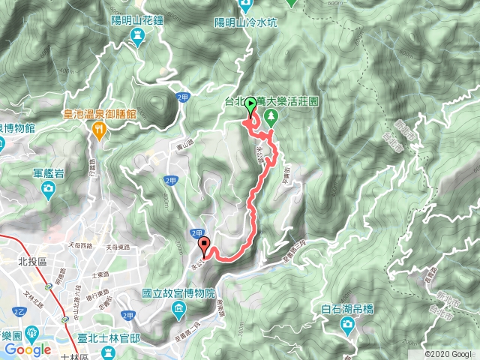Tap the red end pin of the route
203,244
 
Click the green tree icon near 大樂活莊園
271,116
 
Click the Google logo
28,349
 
